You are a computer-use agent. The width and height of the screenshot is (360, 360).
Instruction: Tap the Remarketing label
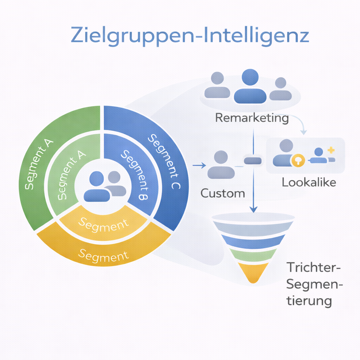pos(252,118)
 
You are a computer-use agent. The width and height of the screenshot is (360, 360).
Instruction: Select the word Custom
pos(223,193)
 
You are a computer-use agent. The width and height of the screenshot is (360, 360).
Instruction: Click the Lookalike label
pos(309,182)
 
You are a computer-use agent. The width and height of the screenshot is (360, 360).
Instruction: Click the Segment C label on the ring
pos(163,162)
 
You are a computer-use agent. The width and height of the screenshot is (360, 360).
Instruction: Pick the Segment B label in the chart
pos(135,175)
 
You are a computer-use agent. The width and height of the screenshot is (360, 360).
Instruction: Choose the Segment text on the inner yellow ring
pos(103,224)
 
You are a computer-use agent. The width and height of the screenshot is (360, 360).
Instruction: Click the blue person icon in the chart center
pos(97,186)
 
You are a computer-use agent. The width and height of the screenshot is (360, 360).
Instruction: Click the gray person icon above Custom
pos(221,165)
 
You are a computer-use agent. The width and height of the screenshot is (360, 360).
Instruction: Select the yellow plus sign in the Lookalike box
pos(330,150)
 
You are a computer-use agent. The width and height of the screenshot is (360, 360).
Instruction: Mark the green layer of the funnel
pos(253,254)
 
